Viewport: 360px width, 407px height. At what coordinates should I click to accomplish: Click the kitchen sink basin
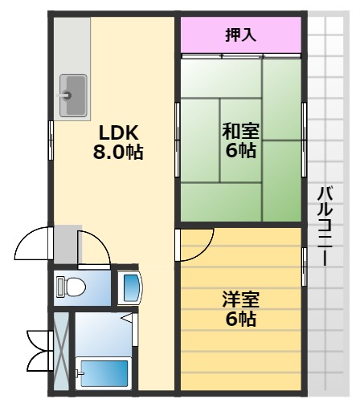(73, 95)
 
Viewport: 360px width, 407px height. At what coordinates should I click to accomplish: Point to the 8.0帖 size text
(118, 152)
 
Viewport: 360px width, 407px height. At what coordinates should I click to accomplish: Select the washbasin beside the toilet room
(129, 287)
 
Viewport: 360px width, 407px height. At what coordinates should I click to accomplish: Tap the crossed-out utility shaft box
(61, 352)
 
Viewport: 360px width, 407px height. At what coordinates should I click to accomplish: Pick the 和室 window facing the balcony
(304, 141)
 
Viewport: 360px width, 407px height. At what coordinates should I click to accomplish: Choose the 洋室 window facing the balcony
(304, 264)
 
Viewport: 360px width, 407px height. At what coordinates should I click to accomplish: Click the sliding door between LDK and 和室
(177, 140)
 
